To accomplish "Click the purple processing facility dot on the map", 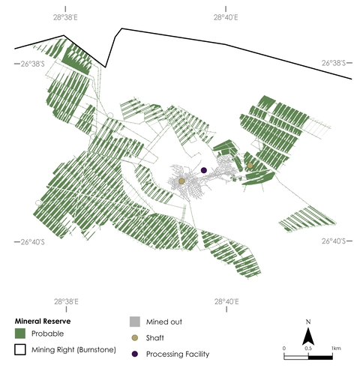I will coord(204,170).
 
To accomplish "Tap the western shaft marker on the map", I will coord(181,181).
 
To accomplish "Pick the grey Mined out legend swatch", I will coord(134,322).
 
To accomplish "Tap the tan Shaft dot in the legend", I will coord(134,338).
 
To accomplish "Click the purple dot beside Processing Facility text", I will coord(134,355).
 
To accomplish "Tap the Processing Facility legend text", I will coord(178,355).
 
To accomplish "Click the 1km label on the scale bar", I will coord(335,349).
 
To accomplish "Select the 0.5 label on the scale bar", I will coord(307,349).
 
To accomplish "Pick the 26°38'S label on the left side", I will coord(33,64).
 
